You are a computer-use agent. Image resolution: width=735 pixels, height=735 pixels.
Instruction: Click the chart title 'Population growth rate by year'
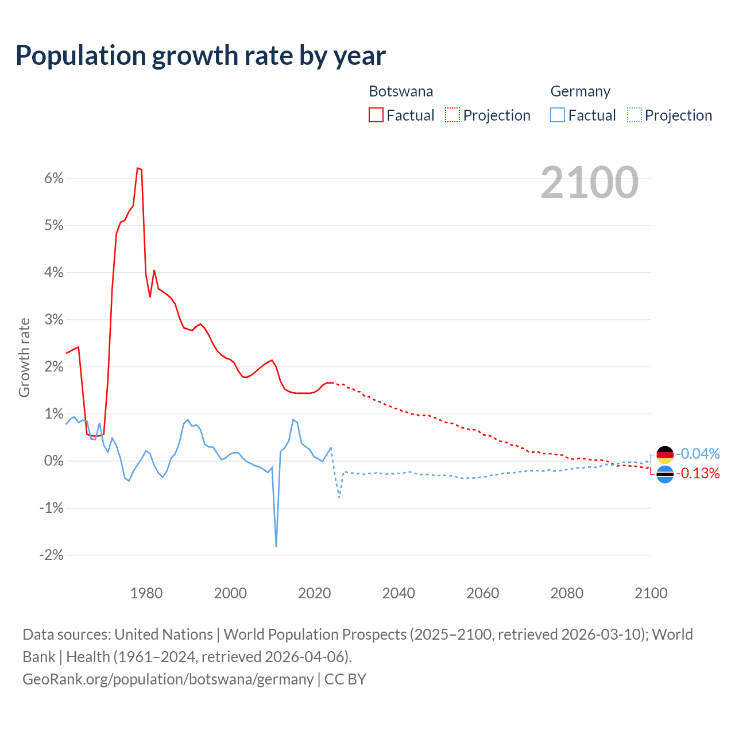coord(200,56)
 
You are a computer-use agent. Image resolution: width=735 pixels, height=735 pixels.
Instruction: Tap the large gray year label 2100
coord(589,183)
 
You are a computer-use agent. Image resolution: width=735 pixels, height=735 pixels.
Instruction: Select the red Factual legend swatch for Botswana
coord(376,115)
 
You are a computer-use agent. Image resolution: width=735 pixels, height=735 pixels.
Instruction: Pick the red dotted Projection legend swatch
coord(452,115)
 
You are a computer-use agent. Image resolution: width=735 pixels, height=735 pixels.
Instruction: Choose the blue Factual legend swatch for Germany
coord(558,115)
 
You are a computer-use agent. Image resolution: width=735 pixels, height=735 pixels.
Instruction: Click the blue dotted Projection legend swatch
coord(634,115)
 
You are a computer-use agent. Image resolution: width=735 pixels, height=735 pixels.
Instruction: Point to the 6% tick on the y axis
coord(53,178)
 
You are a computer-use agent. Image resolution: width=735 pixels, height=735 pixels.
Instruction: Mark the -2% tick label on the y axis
coord(51,555)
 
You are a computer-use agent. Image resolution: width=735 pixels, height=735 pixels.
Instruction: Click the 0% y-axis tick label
coord(53,461)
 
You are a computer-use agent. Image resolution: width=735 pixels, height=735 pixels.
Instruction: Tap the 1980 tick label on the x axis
coord(146,593)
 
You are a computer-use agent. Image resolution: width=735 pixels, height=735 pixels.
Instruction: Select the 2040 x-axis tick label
coord(399,593)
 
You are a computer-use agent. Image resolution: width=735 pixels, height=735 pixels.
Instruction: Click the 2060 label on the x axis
coord(482,593)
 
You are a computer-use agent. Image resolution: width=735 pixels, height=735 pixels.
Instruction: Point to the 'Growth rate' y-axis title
coord(24,357)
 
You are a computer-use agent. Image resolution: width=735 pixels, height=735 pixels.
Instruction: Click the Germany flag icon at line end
coord(665,455)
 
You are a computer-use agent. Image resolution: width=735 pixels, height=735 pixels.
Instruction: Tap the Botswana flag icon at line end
coord(665,474)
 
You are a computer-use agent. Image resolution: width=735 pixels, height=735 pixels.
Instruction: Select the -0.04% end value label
coord(698,454)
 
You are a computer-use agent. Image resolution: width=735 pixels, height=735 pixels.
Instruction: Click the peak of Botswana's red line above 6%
coord(138,168)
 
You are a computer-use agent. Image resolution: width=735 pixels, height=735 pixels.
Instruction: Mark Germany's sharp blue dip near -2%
coord(276,546)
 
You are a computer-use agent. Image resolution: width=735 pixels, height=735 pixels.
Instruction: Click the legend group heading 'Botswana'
coord(401,91)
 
